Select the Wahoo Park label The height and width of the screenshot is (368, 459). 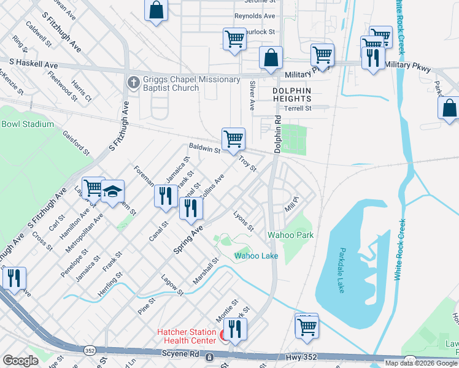(x=290, y=235)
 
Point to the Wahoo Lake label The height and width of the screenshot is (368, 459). (x=256, y=256)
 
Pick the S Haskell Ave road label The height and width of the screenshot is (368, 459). (x=34, y=64)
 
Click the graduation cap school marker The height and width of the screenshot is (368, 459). (x=113, y=192)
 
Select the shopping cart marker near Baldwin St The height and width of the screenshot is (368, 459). (x=233, y=139)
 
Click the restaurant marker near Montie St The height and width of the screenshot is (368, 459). (x=234, y=329)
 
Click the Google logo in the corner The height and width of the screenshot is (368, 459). (x=20, y=360)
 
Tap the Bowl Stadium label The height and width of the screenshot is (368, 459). (x=28, y=124)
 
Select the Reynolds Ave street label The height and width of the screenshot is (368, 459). (x=255, y=16)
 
